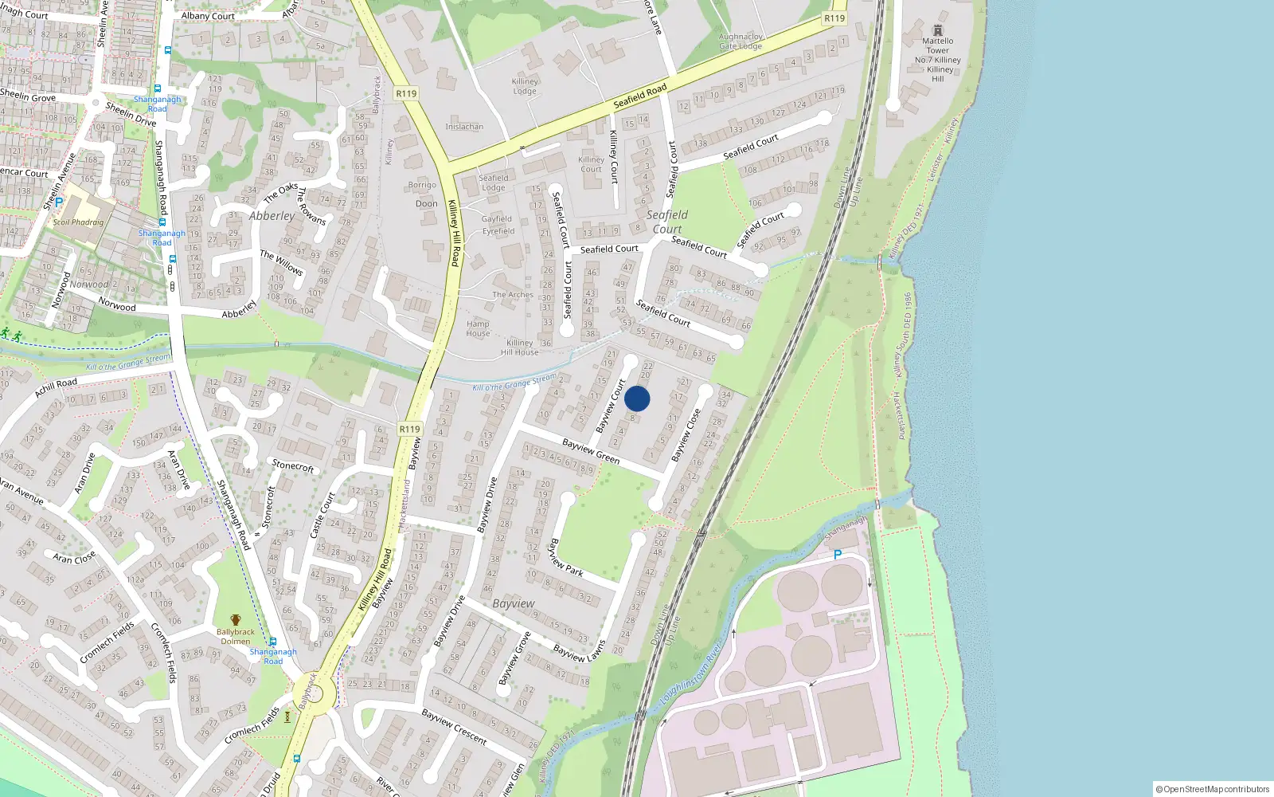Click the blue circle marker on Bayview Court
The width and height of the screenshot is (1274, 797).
[x=637, y=398]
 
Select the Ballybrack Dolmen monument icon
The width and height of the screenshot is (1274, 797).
[x=236, y=619]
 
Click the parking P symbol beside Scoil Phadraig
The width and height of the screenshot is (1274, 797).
[x=58, y=202]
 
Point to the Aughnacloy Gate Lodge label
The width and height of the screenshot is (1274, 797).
[x=741, y=41]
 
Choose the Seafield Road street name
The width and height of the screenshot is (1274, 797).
[x=640, y=97]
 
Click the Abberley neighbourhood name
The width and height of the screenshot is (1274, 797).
[x=272, y=216]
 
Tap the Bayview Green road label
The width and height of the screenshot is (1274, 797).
[x=591, y=451]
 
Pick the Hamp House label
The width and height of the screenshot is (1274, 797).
[x=478, y=328]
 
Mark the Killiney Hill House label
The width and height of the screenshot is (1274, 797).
[x=519, y=347]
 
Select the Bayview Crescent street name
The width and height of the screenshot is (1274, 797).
[x=454, y=726]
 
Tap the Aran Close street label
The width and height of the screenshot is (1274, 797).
[x=74, y=557]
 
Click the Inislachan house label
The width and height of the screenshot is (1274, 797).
[x=464, y=127]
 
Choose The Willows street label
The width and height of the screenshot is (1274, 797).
[x=281, y=262]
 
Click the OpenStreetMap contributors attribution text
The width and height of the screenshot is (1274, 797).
[x=1213, y=789]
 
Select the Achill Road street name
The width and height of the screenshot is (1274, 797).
[x=56, y=387]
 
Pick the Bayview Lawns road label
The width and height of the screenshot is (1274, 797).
[x=580, y=651]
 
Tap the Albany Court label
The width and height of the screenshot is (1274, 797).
[x=208, y=16]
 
